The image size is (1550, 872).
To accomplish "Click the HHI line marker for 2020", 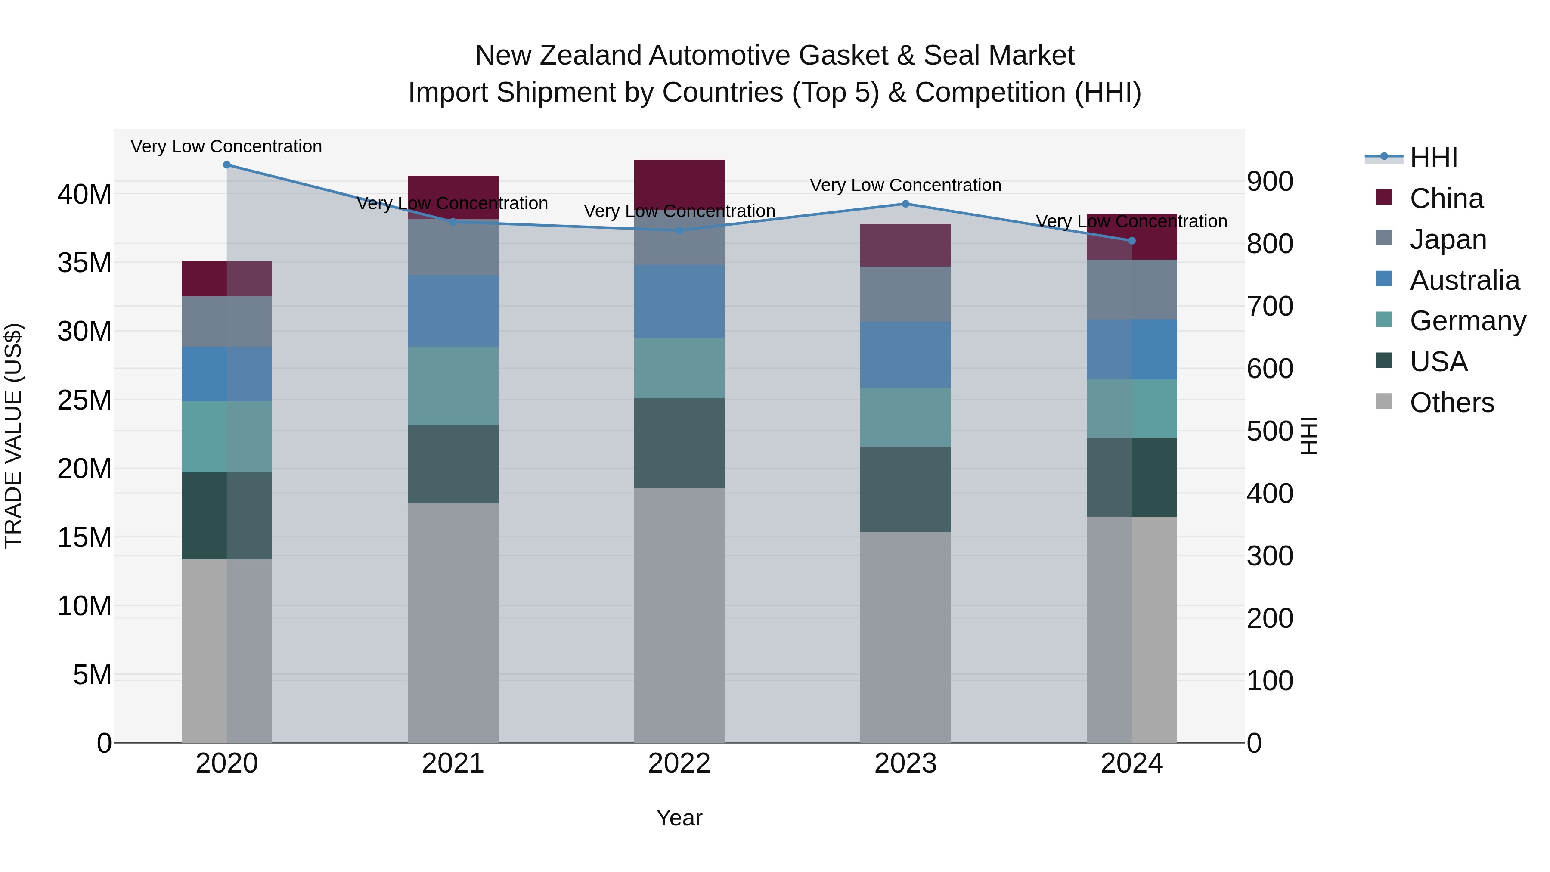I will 227,165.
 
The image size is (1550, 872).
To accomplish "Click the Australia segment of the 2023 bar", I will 905,354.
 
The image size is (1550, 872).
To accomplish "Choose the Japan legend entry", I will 1447,239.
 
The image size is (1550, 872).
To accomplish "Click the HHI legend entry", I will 1433,158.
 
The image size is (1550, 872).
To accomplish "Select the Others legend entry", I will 1451,403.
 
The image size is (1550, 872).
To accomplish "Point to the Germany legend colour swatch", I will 1384,320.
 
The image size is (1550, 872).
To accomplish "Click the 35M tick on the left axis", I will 84,263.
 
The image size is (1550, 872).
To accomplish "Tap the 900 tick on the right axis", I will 1270,181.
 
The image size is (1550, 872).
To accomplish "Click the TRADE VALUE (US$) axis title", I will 13,436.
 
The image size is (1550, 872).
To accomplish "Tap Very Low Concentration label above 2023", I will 905,185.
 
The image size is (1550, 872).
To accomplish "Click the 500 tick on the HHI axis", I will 1270,431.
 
